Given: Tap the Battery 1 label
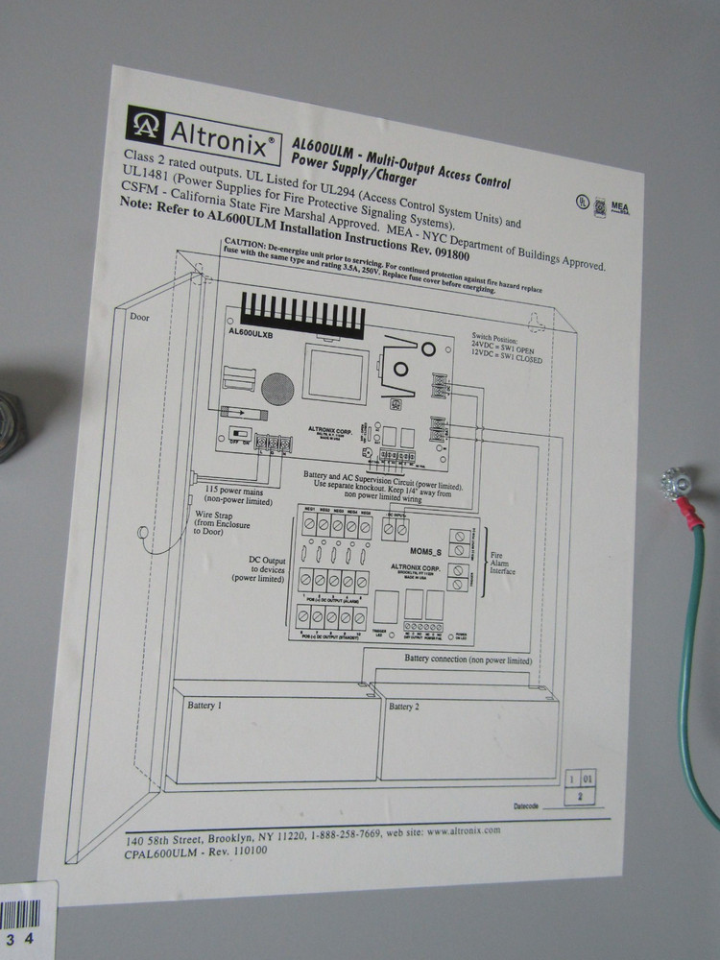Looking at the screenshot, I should (x=204, y=705).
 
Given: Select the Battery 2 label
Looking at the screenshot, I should (x=403, y=708).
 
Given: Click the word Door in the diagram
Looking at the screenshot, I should (x=141, y=315).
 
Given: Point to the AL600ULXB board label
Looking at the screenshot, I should (x=252, y=332).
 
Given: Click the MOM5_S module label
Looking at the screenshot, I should (x=426, y=553).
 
